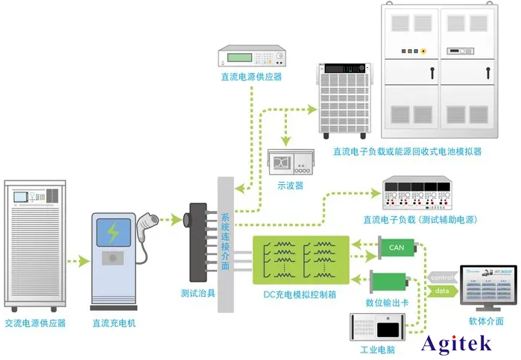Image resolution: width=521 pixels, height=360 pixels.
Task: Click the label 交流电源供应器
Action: pyautogui.click(x=35, y=323)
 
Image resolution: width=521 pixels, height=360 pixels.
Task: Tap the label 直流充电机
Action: pyautogui.click(x=113, y=323)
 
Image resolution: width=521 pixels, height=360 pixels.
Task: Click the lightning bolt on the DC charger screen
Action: pyautogui.click(x=113, y=232)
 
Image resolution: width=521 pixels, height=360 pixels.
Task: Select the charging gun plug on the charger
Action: pyautogui.click(x=147, y=221)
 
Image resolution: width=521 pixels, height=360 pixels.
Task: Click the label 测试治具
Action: pyautogui.click(x=198, y=294)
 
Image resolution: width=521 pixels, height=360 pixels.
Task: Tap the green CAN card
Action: pyautogui.click(x=397, y=247)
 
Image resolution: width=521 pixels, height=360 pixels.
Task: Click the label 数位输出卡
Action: pyautogui.click(x=387, y=303)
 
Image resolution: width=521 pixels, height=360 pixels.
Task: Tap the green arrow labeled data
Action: pyautogui.click(x=441, y=291)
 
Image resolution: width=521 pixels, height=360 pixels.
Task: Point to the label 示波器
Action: pyautogui.click(x=290, y=186)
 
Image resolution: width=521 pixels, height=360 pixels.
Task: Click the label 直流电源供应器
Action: pyautogui.click(x=250, y=76)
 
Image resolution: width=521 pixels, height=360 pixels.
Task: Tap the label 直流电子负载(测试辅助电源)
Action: pyautogui.click(x=420, y=219)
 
